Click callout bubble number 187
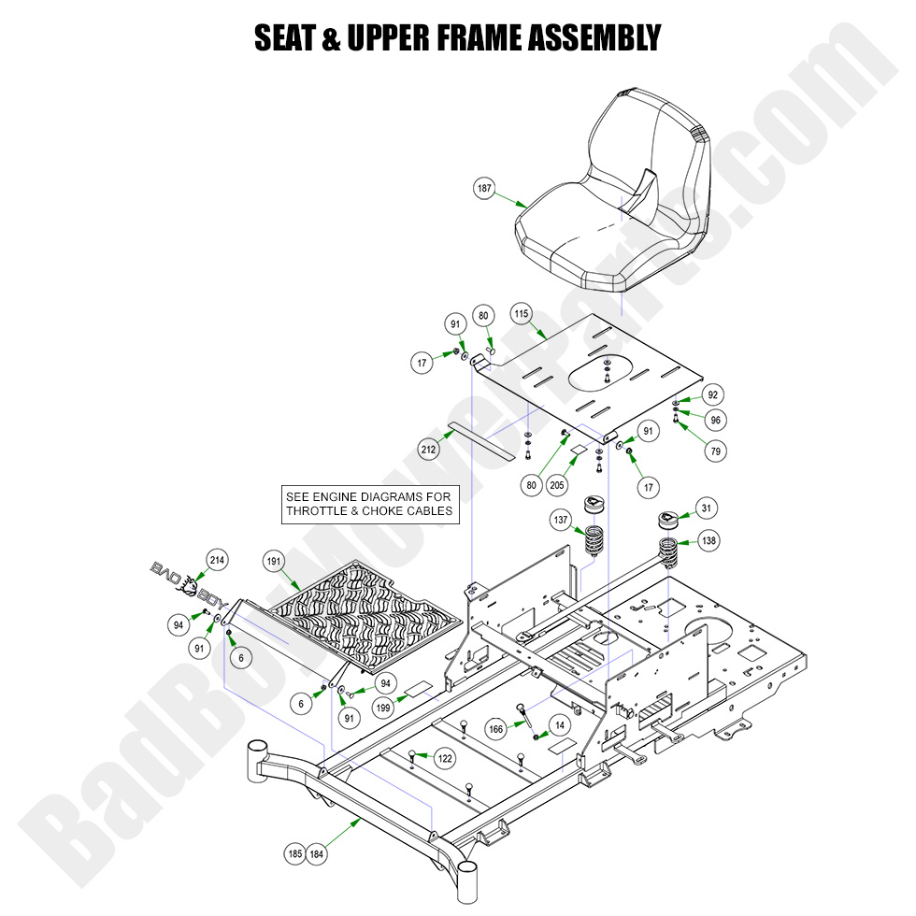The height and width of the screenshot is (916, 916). coord(484,189)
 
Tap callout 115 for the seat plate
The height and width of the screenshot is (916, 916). coord(522,315)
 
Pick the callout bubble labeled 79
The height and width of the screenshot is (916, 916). coord(716,451)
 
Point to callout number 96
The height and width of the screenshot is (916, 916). coord(716,421)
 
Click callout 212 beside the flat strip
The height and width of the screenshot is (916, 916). coord(429,450)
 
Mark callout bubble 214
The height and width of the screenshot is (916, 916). coord(217,560)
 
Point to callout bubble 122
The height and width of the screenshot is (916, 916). coord(445,758)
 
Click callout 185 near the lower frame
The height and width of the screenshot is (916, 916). coord(293,853)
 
